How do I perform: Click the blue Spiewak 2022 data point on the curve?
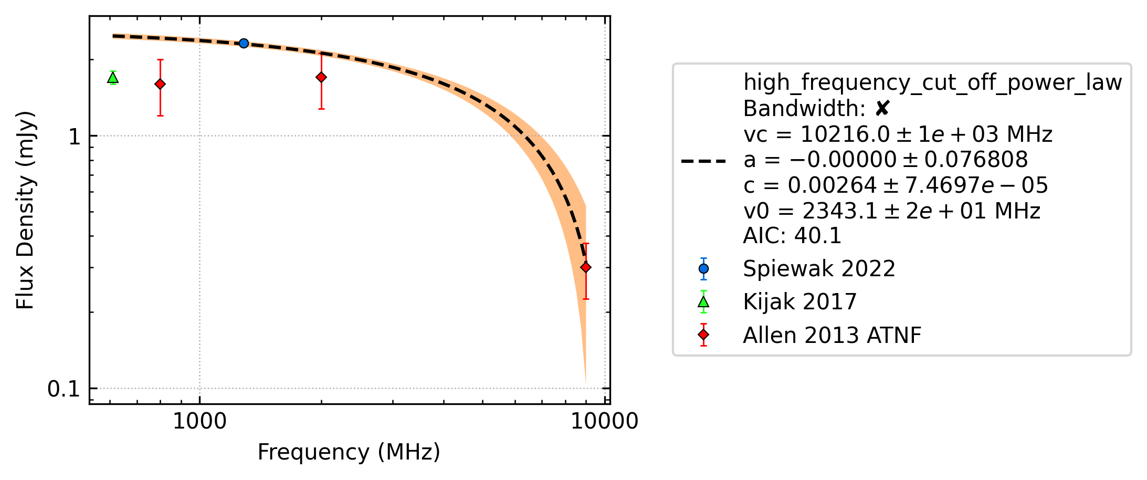click(244, 43)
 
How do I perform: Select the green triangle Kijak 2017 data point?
click(113, 78)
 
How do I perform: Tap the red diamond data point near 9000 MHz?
click(586, 267)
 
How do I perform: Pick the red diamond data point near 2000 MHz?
click(321, 77)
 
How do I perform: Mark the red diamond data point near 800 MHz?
click(160, 84)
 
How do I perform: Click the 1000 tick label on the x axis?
click(199, 421)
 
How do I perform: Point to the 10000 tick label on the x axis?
click(605, 421)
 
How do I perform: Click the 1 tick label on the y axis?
click(75, 137)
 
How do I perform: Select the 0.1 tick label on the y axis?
click(64, 389)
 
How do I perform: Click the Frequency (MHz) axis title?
click(349, 452)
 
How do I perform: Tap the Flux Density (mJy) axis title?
click(25, 210)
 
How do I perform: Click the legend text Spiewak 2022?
click(819, 269)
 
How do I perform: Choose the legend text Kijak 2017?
click(800, 302)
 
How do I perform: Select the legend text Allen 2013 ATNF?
click(832, 335)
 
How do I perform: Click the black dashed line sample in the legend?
click(703, 161)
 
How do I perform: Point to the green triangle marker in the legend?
click(703, 302)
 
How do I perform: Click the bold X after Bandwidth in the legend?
click(882, 109)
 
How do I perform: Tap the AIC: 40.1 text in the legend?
click(792, 236)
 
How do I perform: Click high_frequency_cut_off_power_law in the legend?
click(933, 83)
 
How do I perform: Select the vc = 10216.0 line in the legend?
click(898, 134)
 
